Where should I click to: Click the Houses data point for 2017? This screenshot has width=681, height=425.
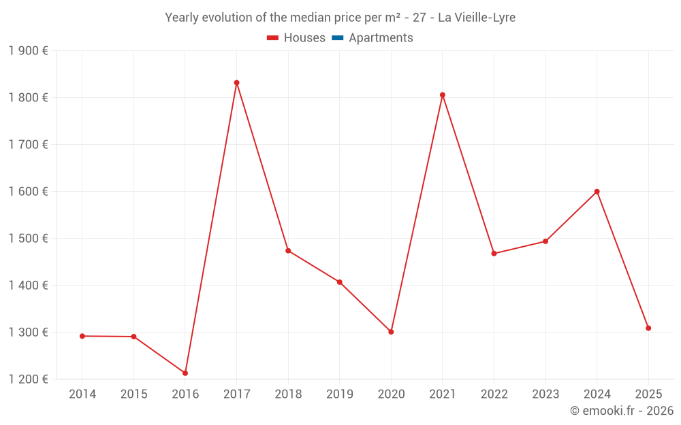[x=236, y=83]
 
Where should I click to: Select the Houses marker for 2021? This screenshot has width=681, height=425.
[x=443, y=95]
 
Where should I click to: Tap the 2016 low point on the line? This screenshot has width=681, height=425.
[x=185, y=373]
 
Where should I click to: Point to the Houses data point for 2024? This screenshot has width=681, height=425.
[x=597, y=192]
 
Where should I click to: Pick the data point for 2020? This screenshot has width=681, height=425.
[x=391, y=332]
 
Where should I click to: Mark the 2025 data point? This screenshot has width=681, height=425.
[x=648, y=328]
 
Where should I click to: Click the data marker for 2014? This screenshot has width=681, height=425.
[x=82, y=336]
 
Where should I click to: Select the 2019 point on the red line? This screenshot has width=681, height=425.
[x=340, y=282]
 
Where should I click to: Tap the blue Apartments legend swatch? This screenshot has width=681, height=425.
[x=337, y=38]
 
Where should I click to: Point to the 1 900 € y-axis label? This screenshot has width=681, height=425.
[x=29, y=51]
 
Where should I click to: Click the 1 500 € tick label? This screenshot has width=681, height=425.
[x=29, y=239]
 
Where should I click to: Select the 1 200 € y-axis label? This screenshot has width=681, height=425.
[x=29, y=379]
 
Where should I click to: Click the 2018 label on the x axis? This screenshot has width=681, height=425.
[x=288, y=394]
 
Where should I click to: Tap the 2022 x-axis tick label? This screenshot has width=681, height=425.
[x=494, y=394]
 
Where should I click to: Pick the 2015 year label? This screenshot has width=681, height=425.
[x=133, y=394]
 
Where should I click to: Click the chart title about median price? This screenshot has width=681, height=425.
[x=340, y=18]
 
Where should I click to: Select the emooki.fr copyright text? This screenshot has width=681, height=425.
[x=622, y=411]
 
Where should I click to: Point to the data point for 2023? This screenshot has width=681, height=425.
[x=545, y=241]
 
